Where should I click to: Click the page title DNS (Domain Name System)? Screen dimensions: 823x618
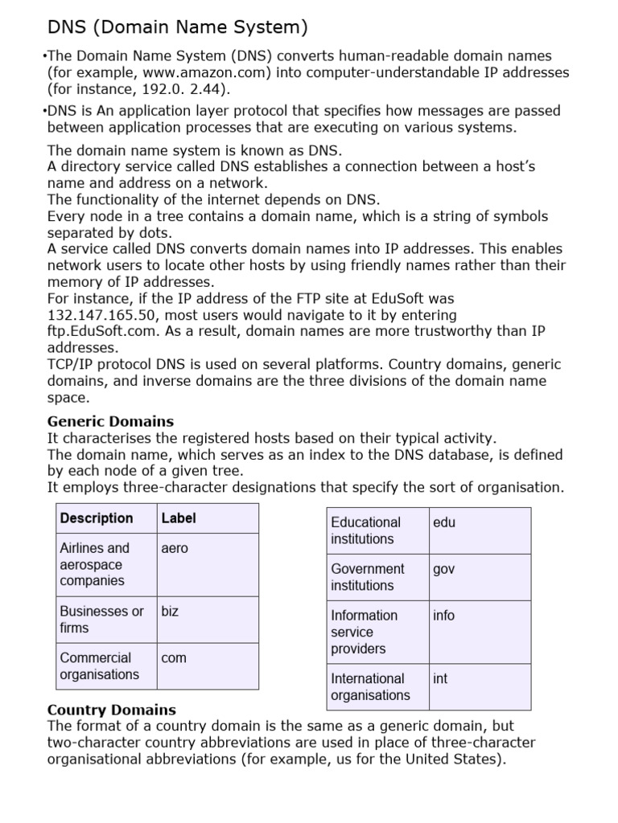tap(178, 28)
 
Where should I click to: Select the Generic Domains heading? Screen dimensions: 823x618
tap(110, 421)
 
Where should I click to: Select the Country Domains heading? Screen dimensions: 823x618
tap(112, 710)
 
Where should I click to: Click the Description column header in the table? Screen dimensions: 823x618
tap(97, 518)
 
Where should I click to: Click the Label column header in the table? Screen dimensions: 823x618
tap(179, 518)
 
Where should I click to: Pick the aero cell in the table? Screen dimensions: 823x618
tap(175, 548)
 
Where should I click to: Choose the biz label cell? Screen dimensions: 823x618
tap(170, 611)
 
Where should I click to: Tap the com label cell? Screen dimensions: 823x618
tap(174, 657)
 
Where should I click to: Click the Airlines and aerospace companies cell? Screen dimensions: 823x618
tap(95, 564)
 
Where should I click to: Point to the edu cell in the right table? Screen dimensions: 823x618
tap(444, 522)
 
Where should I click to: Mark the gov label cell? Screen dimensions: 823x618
tap(444, 569)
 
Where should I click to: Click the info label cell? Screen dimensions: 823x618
tap(444, 616)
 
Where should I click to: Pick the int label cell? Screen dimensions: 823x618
tap(440, 678)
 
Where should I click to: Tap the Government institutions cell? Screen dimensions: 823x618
tap(368, 577)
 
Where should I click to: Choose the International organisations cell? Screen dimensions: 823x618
tap(370, 686)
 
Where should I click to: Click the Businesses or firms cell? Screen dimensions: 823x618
tap(101, 619)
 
